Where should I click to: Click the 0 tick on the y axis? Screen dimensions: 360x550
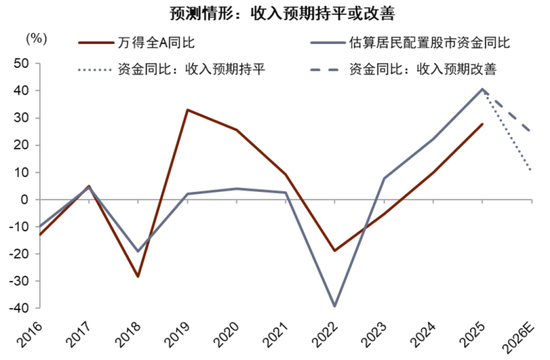[x=24, y=199]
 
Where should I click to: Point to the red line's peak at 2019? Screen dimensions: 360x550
[x=187, y=109]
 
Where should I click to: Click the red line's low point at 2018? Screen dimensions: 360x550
[x=138, y=276]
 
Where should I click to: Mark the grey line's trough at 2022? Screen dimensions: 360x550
[x=333, y=306]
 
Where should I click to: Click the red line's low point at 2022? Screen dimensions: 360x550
[x=333, y=251]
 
